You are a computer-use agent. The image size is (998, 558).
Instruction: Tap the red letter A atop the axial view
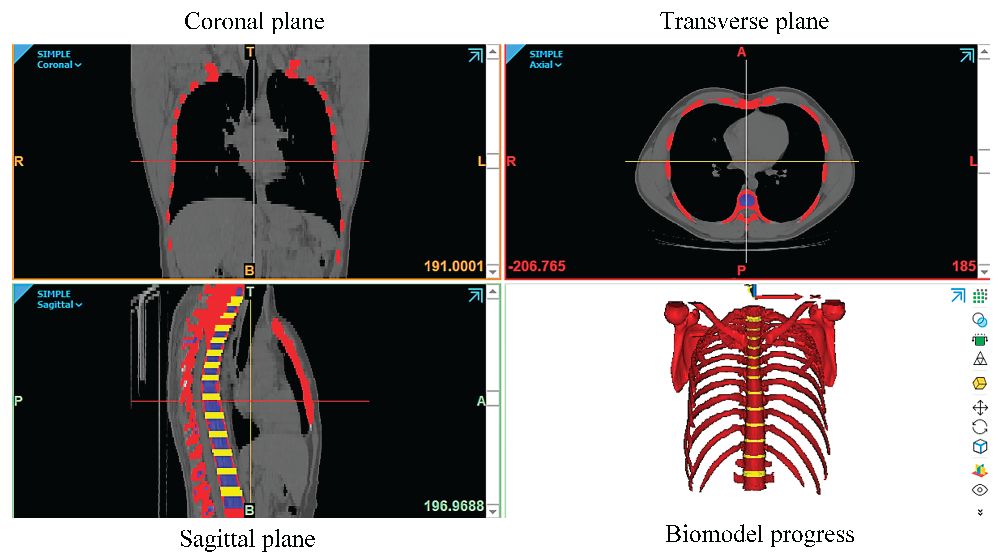741,52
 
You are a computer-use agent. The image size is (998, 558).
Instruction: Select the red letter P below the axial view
741,270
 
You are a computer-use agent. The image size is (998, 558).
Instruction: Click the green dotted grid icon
980,296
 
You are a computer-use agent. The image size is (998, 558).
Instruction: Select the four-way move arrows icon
980,407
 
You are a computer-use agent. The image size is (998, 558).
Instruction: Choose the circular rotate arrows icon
980,427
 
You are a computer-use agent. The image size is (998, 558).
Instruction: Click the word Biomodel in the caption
715,534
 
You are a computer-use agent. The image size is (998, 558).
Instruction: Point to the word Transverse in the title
714,21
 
